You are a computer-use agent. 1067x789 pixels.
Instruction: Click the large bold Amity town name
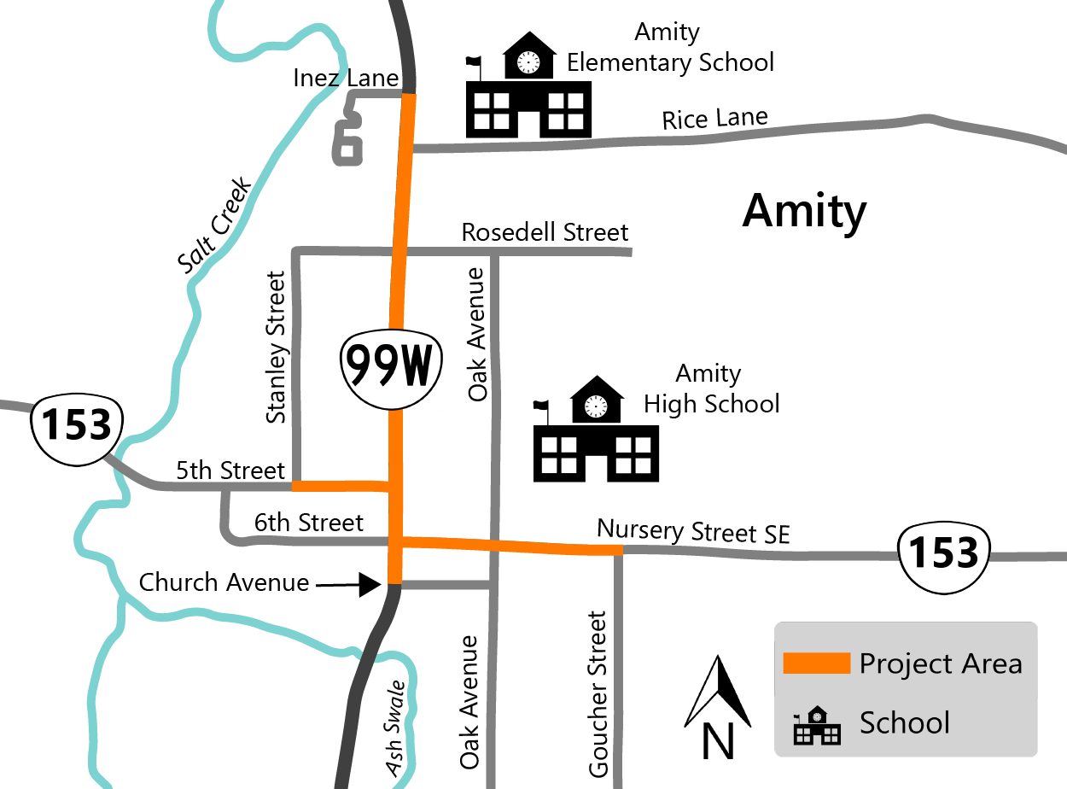tap(804, 210)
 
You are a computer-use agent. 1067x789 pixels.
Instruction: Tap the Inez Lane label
tap(346, 79)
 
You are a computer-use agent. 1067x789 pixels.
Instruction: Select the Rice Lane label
tap(714, 119)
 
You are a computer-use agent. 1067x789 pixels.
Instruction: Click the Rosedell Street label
tap(545, 231)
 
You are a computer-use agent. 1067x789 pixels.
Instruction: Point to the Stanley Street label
tap(275, 348)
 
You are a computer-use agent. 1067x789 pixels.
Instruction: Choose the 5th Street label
tap(230, 470)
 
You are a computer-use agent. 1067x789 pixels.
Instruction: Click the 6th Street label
tap(308, 522)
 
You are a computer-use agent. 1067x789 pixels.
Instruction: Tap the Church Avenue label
tap(224, 582)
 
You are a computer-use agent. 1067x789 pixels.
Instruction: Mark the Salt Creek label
tap(214, 225)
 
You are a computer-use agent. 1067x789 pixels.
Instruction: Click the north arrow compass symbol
tap(718, 705)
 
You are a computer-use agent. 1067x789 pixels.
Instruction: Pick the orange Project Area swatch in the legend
tap(816, 663)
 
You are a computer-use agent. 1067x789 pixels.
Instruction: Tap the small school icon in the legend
tap(816, 725)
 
